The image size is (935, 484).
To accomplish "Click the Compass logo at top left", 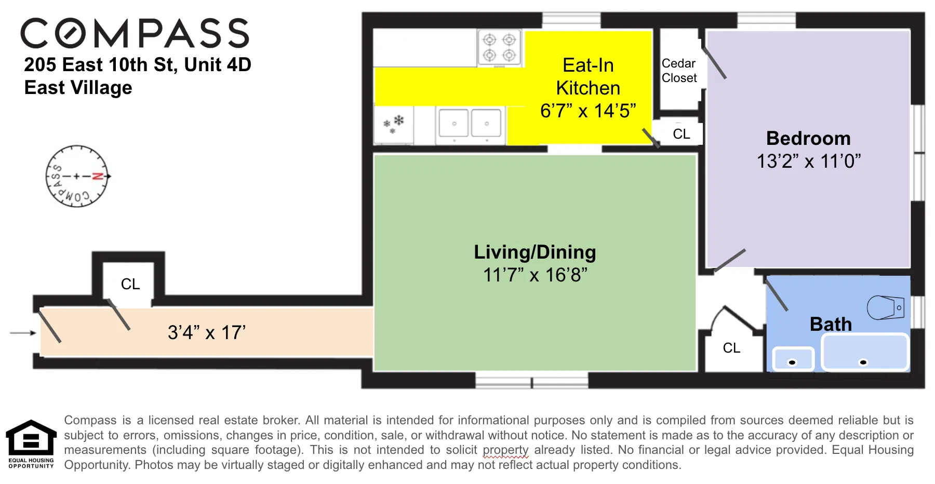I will tap(135, 33).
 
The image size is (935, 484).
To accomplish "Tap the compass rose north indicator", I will tap(97, 177).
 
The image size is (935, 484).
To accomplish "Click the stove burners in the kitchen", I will tap(499, 47).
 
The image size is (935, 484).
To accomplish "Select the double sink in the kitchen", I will tap(470, 124).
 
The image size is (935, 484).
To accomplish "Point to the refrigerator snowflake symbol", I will tap(394, 124).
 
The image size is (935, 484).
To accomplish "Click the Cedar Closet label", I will tap(679, 71).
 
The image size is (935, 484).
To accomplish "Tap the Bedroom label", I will tap(808, 138).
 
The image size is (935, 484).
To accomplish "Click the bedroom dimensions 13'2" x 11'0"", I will tap(808, 162).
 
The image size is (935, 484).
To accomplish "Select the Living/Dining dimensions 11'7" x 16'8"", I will tap(535, 275).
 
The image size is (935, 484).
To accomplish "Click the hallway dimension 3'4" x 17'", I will tap(207, 332).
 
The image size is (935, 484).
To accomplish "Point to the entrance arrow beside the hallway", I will tap(23, 333).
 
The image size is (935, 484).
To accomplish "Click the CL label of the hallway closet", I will tap(130, 284).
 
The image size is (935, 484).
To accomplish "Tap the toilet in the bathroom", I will tap(885, 307).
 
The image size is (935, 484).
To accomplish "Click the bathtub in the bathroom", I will tap(865, 353).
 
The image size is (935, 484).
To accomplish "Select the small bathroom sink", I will tap(793, 359).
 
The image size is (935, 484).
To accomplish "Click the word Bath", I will tap(831, 324).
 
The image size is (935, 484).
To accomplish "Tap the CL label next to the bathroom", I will tap(731, 348).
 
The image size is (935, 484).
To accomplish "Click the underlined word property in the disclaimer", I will tap(505, 450).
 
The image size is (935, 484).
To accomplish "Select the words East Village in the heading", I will tap(78, 87).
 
